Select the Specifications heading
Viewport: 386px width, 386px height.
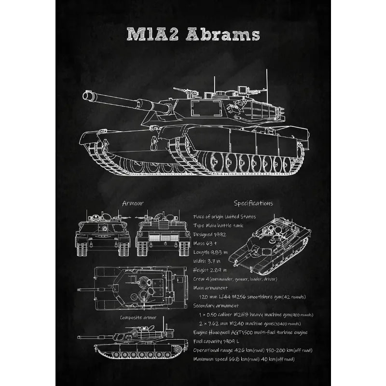click(x=253, y=203)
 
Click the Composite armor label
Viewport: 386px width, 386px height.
click(x=138, y=317)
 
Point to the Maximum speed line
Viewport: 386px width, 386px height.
click(x=244, y=358)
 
